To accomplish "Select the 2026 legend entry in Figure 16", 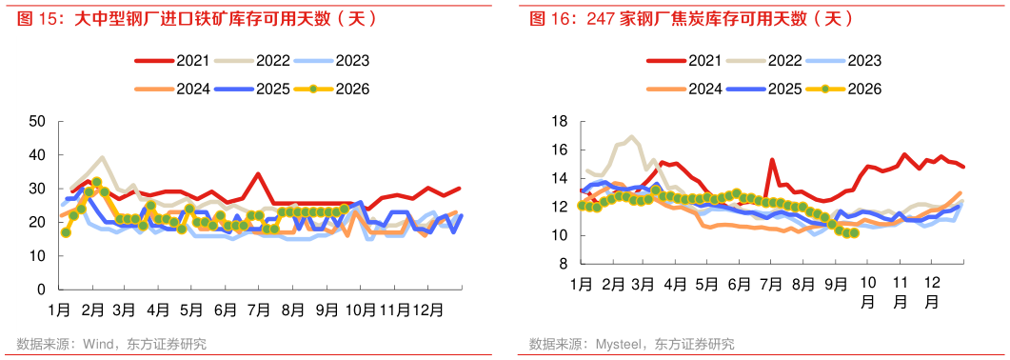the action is pos(842,90).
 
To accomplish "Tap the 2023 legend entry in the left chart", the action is pos(331,61).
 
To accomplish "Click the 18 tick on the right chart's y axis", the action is pos(558,121).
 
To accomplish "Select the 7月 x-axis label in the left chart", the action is pos(258,310).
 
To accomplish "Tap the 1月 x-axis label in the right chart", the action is pos(581,284).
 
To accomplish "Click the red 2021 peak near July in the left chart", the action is pos(258,174).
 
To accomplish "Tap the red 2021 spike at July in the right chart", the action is pos(771,160).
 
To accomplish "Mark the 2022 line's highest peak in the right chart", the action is pos(631,136).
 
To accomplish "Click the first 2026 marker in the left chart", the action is pos(65,232).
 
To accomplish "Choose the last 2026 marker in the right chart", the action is pos(854,233).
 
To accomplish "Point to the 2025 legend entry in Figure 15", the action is pos(252,89).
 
